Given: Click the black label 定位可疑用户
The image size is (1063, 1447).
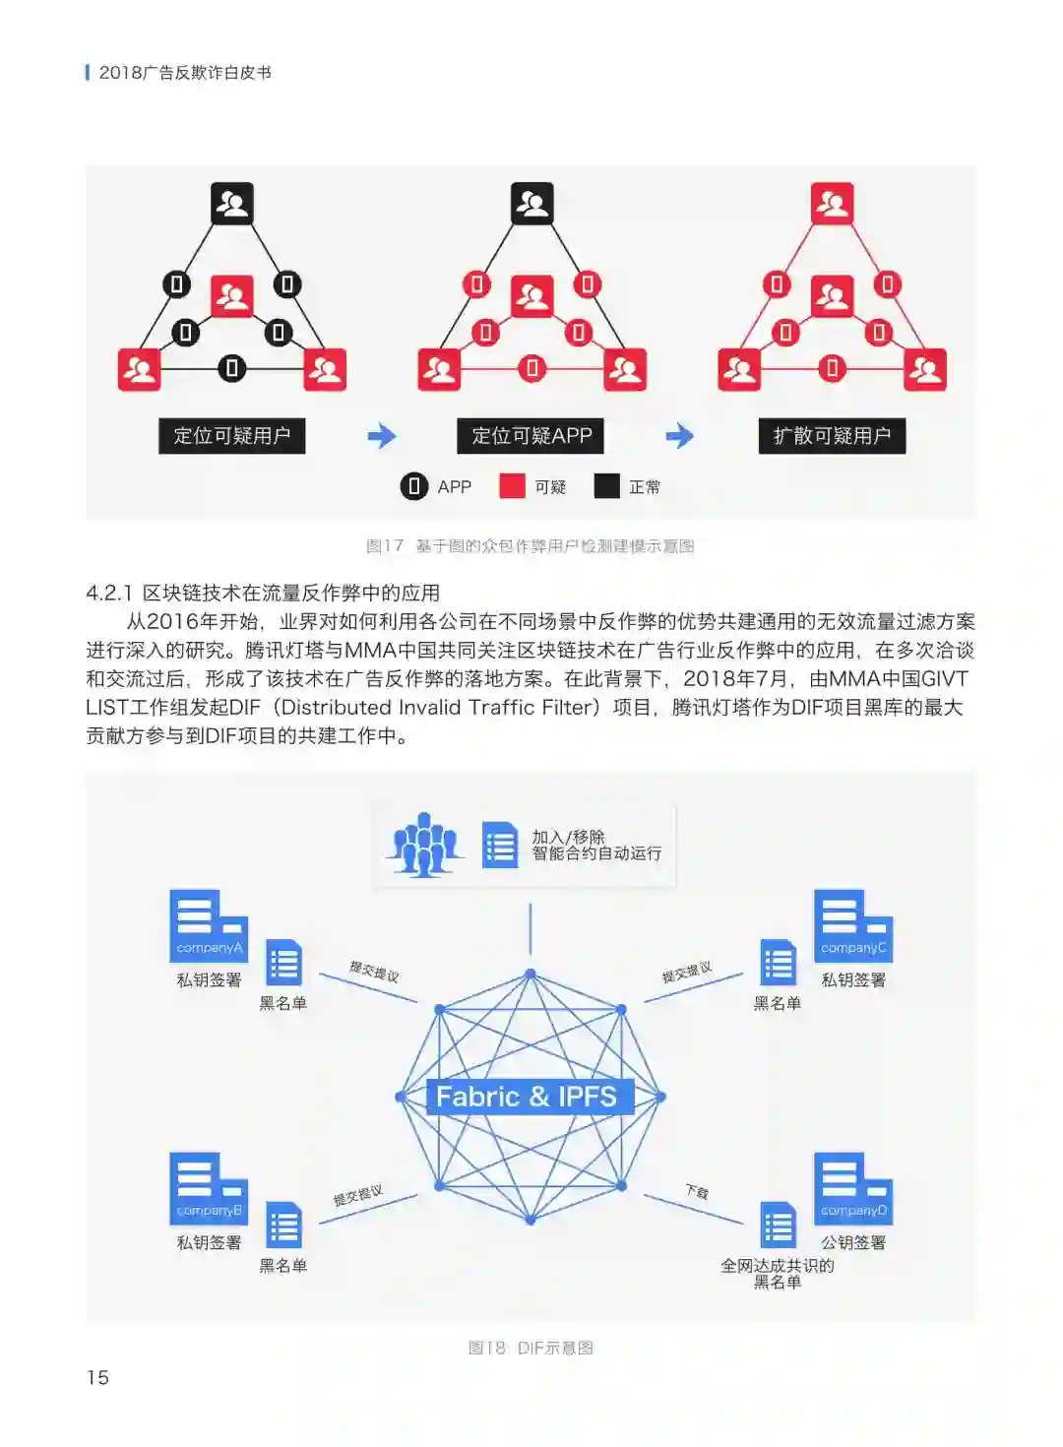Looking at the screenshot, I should (x=231, y=436).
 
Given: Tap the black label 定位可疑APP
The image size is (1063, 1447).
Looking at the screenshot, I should (x=531, y=436).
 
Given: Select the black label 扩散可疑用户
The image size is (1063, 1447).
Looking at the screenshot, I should (x=832, y=436).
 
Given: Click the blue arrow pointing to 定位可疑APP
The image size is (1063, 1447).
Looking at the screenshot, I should (x=382, y=436).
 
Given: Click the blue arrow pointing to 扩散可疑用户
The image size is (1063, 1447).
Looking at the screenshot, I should (x=680, y=436).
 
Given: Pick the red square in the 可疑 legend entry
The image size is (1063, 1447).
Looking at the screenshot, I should (x=512, y=486).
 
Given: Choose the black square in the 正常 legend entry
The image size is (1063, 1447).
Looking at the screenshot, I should (x=607, y=486).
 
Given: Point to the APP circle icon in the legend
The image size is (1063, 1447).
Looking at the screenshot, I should (x=414, y=486).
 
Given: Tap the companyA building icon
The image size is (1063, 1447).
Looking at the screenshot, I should (x=208, y=925).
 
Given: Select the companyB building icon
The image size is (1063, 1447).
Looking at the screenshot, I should (x=208, y=1188).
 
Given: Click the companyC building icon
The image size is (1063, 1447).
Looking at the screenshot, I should (x=852, y=925).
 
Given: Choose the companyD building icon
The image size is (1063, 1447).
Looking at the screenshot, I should (x=852, y=1188).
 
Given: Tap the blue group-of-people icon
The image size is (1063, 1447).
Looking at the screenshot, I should (x=424, y=845).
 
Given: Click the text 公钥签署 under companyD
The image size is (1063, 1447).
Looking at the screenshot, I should (x=853, y=1242).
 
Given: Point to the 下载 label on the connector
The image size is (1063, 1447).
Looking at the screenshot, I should (x=697, y=1192).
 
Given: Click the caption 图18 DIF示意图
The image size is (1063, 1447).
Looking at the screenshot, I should (x=531, y=1348).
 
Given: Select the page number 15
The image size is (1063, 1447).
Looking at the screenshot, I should (x=97, y=1377).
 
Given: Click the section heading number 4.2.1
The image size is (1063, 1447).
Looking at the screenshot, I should (x=108, y=593).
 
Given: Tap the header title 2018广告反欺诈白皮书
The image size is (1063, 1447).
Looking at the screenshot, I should (x=185, y=73).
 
